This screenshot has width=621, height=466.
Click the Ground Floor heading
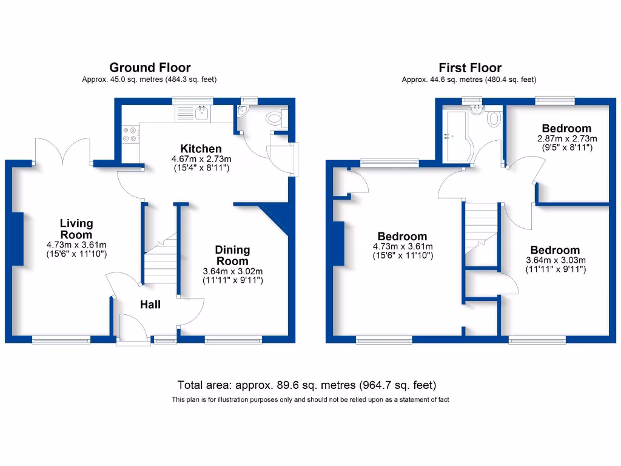[149, 67]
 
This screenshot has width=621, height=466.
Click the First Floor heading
[470, 67]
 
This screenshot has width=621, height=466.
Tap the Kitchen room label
[200, 149]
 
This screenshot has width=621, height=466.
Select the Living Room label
[76, 229]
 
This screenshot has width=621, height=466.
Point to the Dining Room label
[232, 255]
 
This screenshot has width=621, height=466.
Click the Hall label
[150, 305]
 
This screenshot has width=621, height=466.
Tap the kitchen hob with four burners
[130, 133]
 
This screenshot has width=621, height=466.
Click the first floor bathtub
[456, 137]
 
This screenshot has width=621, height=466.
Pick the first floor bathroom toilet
[494, 118]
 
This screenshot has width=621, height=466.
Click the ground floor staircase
[161, 261]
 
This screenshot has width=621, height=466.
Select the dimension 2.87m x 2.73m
[566, 138]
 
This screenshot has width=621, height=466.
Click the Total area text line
[307, 385]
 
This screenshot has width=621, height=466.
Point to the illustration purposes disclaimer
[310, 399]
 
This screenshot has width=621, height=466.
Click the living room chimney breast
[17, 238]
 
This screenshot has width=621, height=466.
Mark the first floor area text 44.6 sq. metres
[469, 79]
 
